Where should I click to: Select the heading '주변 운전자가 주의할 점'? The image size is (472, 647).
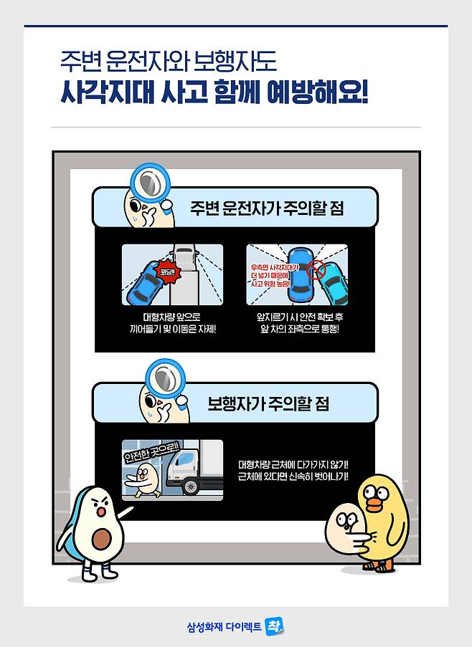267,208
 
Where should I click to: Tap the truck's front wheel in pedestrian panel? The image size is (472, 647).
191,487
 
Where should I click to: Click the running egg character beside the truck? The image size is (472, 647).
143,479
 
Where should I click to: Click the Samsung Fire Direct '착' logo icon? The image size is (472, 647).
275,626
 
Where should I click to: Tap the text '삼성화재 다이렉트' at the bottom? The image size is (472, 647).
225,627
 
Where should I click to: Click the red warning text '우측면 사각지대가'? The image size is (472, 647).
275,267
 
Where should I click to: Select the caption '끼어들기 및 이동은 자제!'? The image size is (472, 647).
173,330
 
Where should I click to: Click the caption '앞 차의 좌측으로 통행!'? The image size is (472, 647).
299,330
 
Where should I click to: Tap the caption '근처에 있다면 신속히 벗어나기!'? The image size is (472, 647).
293,476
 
